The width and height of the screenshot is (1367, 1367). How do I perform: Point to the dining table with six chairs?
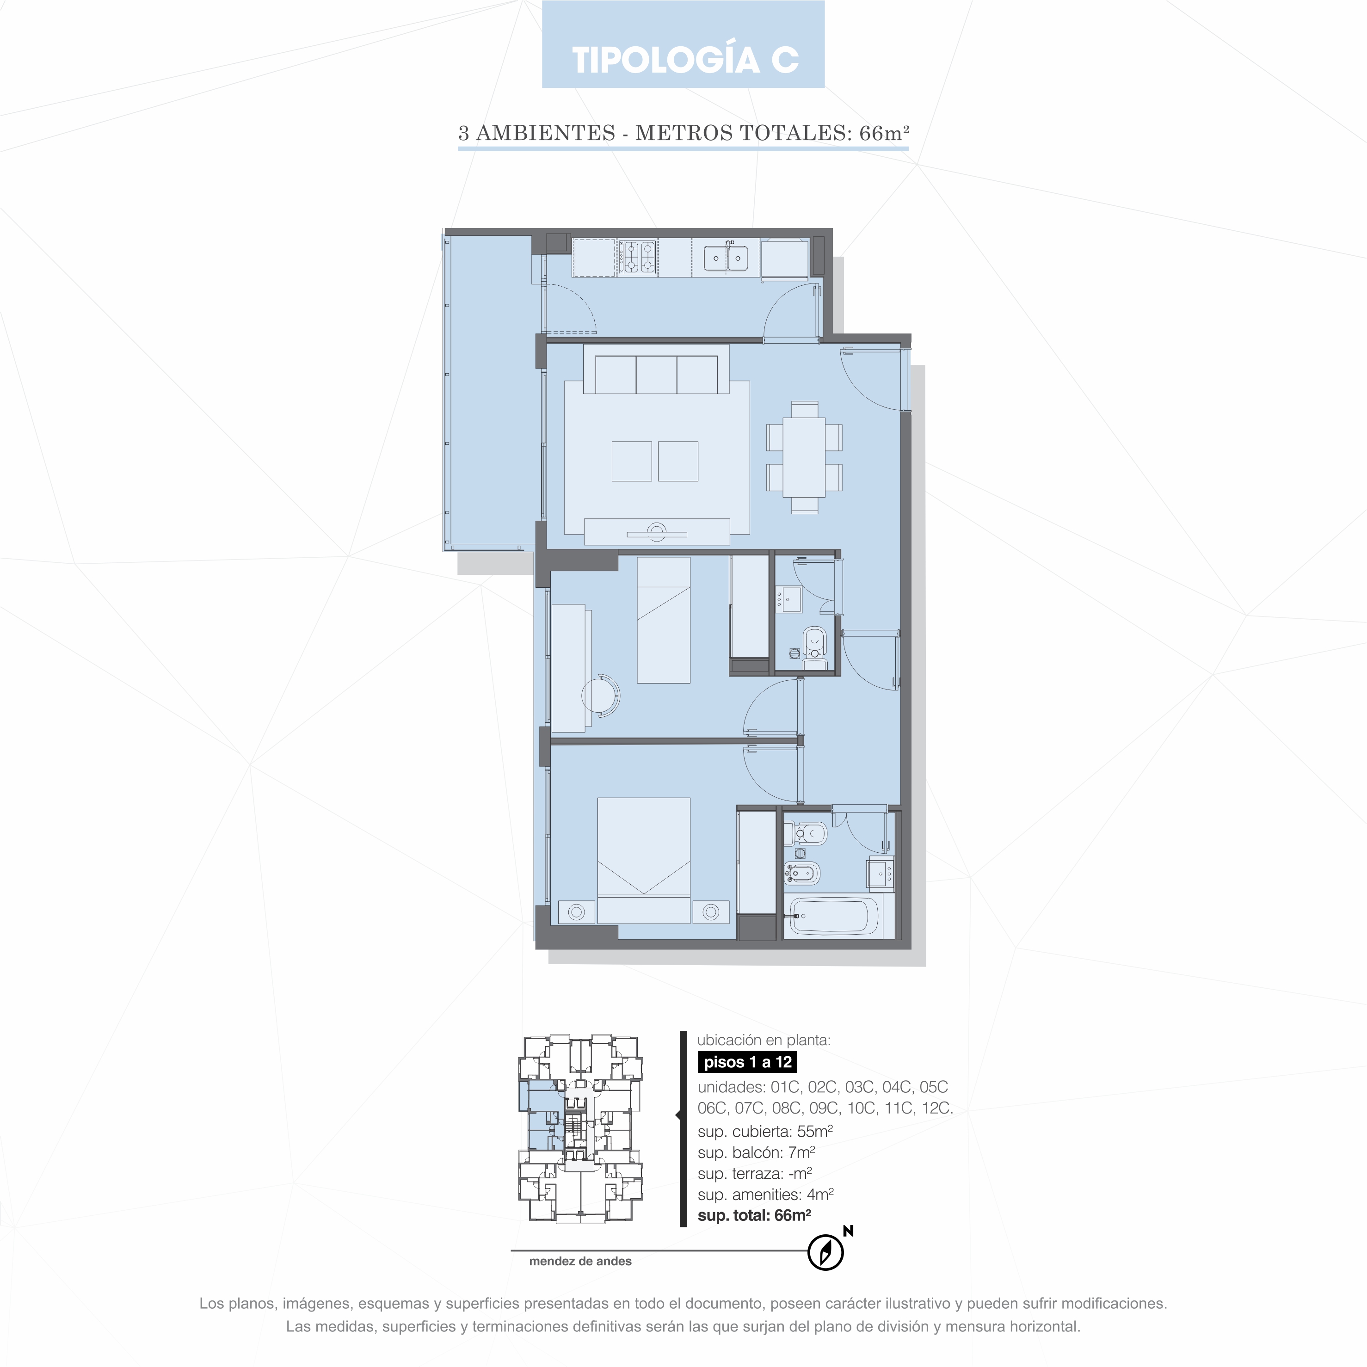[805, 457]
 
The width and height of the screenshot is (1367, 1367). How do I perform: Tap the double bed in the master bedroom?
[644, 861]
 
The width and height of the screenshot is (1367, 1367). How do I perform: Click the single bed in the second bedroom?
[664, 620]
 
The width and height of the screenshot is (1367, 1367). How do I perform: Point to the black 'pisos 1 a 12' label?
[747, 1062]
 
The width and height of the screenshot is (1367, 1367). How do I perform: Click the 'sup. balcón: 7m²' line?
[757, 1152]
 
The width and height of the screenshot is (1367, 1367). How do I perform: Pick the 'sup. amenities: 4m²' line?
[765, 1195]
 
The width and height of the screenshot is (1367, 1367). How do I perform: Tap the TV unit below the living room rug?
[657, 531]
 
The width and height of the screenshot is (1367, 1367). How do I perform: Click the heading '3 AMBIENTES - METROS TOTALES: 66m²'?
[683, 133]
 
